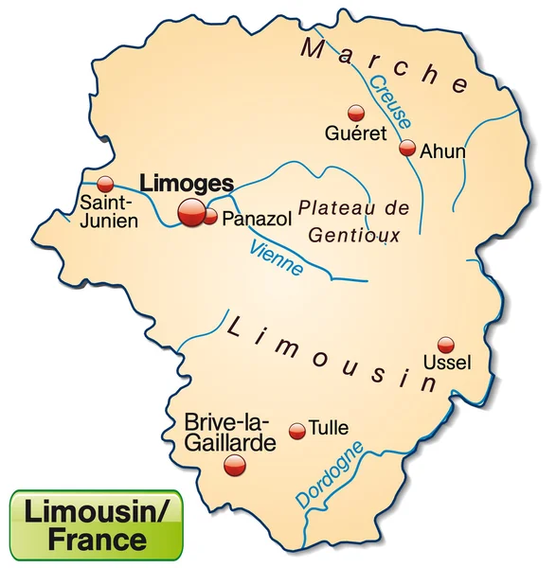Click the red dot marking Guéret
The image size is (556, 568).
point(355,112)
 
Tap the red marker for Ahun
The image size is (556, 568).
point(407,148)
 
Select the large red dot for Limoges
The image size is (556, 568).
point(191,213)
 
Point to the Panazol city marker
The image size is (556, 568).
point(210,217)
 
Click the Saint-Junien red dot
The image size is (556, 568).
point(105,183)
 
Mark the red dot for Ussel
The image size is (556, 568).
point(445,345)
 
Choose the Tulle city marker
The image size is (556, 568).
point(297,431)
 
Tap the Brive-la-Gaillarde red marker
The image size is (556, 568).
point(234,465)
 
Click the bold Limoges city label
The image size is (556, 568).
point(186,183)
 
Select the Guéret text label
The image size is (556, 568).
point(355,133)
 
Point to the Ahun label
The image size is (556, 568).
point(443,150)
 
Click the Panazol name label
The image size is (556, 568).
point(259,219)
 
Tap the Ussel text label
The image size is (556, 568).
point(446,364)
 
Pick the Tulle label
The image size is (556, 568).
point(329,429)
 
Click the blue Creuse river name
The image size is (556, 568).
point(390,103)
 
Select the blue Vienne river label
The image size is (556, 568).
point(277,258)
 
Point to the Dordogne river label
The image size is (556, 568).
point(328,474)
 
